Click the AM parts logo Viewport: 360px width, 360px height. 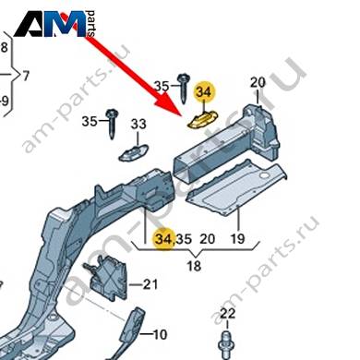55,24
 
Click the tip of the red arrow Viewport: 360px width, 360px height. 181,115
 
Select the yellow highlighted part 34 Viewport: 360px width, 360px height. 203,119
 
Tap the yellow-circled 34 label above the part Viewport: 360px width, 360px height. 204,92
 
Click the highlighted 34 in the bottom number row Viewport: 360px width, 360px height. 164,239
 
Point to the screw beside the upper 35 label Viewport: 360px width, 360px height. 185,89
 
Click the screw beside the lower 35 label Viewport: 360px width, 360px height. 111,124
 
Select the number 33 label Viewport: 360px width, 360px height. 138,125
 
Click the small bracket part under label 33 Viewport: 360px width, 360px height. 134,152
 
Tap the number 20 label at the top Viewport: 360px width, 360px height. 258,82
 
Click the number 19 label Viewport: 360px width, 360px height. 237,238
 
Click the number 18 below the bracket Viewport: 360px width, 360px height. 194,265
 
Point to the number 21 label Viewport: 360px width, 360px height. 150,284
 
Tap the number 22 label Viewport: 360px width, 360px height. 228,314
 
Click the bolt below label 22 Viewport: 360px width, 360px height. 227,345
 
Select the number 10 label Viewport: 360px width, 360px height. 160,334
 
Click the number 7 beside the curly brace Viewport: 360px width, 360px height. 26,76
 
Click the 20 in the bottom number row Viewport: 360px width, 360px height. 208,239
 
